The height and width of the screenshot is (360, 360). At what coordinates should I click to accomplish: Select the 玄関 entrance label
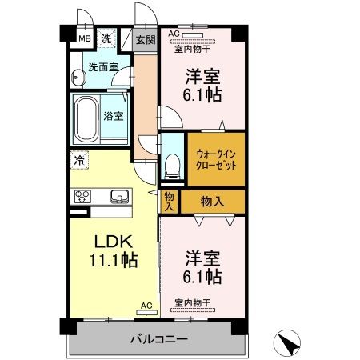pos(144,39)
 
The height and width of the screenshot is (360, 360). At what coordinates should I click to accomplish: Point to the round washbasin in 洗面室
pos(77,78)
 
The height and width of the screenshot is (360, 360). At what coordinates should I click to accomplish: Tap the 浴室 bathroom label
pos(114,117)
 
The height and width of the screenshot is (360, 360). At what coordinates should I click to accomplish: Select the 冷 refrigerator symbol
pos(79,159)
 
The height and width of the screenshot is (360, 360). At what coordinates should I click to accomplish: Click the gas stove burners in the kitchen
pos(83,197)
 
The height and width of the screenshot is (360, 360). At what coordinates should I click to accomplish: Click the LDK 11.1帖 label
pos(112,250)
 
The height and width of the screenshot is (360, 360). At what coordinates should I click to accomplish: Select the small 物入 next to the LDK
pos(169,201)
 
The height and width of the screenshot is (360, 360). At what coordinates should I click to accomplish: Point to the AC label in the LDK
pos(146,306)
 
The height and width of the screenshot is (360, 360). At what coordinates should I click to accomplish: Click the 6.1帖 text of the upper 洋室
pos(204,94)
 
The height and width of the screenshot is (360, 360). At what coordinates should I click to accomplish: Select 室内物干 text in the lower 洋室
pos(192,302)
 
